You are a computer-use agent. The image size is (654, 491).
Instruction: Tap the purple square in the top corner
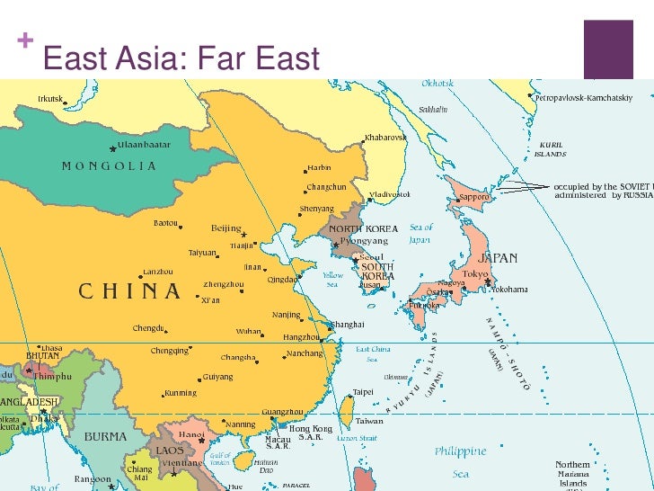[614, 47]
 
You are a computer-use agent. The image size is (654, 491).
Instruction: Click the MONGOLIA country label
[109, 165]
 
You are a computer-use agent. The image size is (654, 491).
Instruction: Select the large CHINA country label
[130, 290]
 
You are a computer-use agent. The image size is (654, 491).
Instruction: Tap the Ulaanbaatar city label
[144, 144]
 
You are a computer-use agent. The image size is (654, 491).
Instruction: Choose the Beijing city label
[226, 228]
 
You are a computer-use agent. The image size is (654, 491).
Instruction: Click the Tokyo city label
[475, 273]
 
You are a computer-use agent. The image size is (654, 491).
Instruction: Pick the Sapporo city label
[473, 196]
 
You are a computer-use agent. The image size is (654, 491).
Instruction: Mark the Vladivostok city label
[390, 194]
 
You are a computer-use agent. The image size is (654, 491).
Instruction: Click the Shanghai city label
[348, 324]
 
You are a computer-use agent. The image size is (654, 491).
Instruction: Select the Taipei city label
[363, 392]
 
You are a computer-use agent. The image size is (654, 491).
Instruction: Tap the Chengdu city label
[149, 328]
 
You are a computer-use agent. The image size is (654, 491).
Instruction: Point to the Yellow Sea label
[332, 280]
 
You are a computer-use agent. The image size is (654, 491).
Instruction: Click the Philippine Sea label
[460, 461]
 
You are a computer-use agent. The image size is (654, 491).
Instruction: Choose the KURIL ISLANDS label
[551, 148]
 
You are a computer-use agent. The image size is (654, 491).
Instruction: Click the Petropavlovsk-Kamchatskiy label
[584, 97]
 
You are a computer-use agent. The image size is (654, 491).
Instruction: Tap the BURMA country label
[105, 436]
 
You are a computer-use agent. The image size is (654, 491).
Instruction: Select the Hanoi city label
[191, 433]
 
